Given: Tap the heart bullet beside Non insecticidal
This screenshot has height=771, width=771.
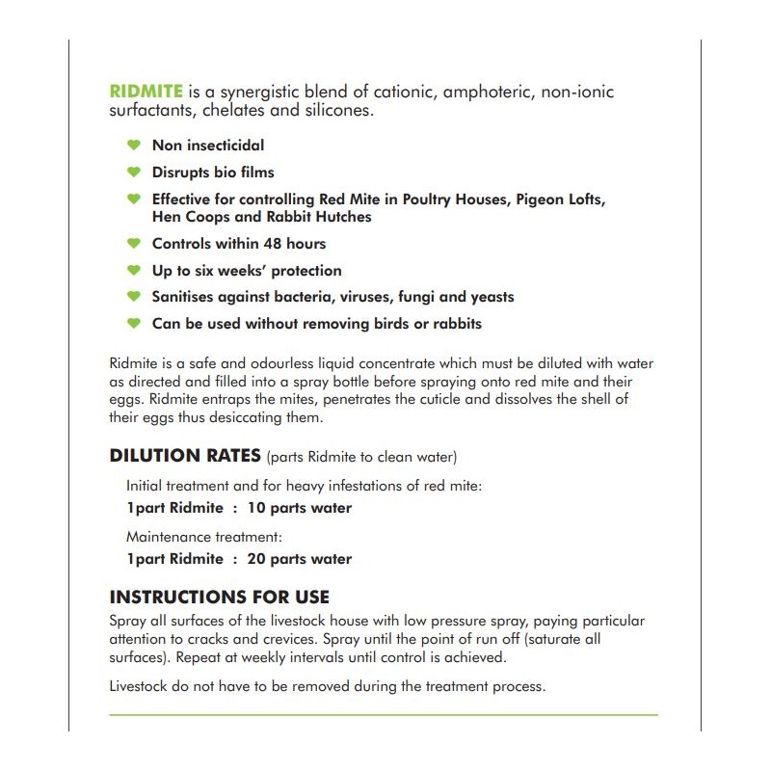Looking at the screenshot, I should coord(133,146).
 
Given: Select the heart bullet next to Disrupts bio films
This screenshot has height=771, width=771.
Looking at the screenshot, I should coord(133,173).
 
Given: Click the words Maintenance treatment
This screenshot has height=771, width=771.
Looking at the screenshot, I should coord(203,536).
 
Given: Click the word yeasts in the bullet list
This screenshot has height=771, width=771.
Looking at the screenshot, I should coord(489,297).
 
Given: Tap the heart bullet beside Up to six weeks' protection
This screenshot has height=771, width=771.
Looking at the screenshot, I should coord(133,271).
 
